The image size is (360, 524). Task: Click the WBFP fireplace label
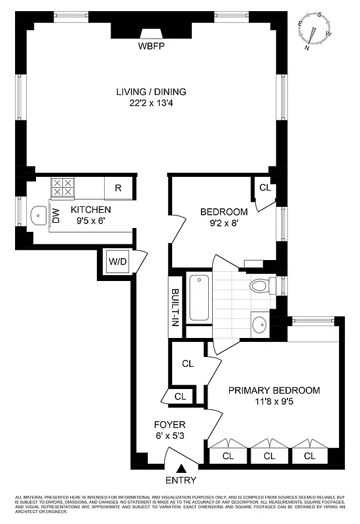[x=151, y=47]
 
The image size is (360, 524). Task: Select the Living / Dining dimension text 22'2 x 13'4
[x=151, y=103]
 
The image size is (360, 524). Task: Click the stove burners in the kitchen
[x=62, y=188]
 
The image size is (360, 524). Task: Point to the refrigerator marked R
[x=118, y=188]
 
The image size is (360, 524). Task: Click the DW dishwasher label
[x=56, y=215]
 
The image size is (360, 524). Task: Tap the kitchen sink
[x=39, y=215]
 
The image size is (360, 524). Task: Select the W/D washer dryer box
[x=117, y=262]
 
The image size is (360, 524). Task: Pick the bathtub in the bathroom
[x=198, y=298]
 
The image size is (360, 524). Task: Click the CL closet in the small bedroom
[x=264, y=188]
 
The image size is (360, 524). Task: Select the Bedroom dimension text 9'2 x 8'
[x=224, y=223]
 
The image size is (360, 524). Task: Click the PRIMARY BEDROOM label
[x=274, y=390]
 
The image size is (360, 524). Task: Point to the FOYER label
[x=170, y=424]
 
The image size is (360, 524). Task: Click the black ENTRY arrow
[x=182, y=468]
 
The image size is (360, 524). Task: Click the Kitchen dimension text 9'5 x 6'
[x=91, y=221]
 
